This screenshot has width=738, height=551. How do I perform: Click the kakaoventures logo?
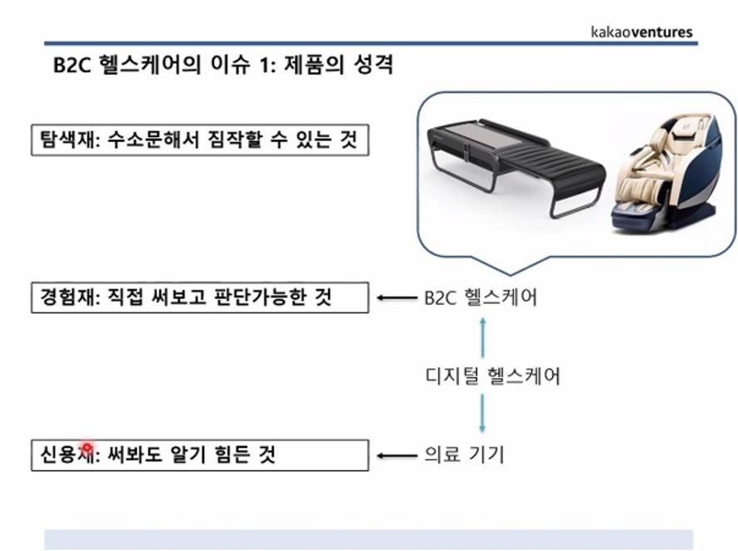(642, 32)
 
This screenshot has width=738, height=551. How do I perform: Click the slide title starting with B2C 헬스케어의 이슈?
(222, 65)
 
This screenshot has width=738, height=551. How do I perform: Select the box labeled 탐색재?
(200, 140)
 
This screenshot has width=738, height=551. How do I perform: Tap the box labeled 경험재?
(200, 298)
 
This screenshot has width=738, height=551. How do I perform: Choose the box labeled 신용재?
(200, 455)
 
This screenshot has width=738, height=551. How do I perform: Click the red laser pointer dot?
(87, 447)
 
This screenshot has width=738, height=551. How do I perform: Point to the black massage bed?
(516, 167)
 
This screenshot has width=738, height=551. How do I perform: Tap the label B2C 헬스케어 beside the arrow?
(481, 298)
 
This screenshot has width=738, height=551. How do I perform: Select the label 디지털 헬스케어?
(493, 376)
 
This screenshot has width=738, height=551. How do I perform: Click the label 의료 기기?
(464, 455)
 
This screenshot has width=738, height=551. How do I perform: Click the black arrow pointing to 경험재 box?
(398, 298)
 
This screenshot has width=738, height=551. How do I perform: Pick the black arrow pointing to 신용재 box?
(398, 455)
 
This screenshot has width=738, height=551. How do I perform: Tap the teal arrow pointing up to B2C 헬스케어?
(482, 337)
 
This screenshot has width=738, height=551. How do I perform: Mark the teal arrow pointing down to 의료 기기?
(482, 413)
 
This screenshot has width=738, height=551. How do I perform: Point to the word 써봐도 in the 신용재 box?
(135, 455)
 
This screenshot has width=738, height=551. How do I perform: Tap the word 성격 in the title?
(374, 65)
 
